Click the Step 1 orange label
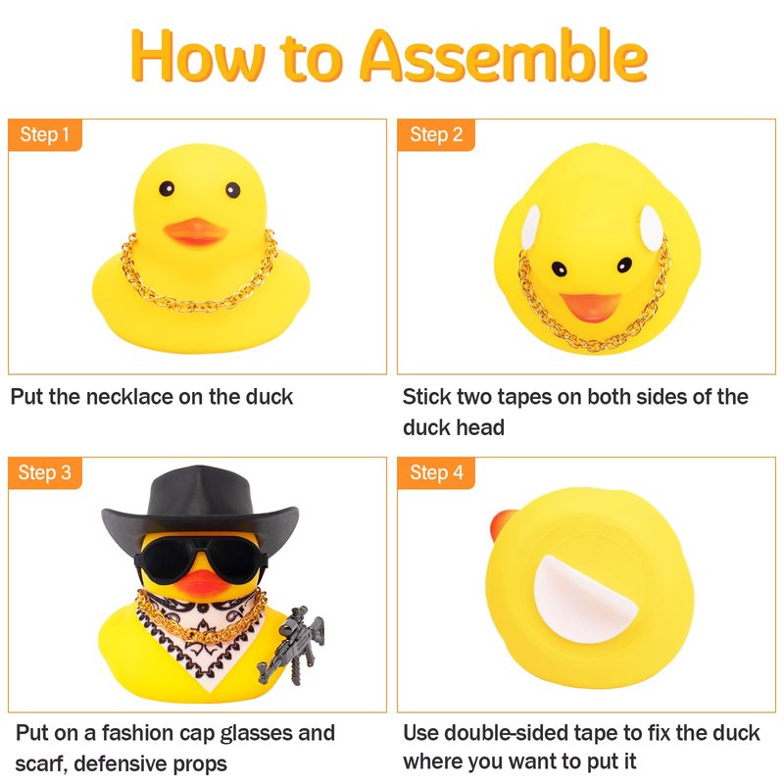(45, 134)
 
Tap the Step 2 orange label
(435, 134)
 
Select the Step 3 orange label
(45, 472)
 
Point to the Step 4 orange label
(435, 472)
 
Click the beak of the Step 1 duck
(195, 232)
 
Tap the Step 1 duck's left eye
(167, 188)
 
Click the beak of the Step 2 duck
(591, 306)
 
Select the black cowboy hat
(200, 505)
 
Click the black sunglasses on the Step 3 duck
(201, 559)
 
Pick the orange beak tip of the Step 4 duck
(502, 525)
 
